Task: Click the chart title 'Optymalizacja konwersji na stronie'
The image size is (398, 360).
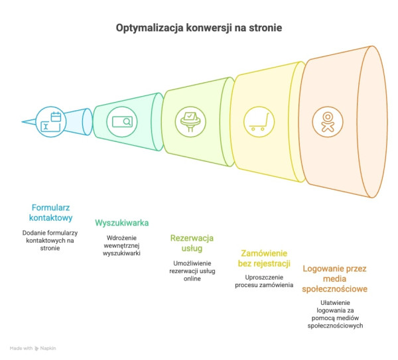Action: [199, 29]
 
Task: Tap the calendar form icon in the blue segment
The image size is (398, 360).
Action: [52, 121]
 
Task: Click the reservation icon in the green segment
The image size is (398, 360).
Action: [190, 121]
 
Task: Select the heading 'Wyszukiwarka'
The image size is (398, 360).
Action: [121, 222]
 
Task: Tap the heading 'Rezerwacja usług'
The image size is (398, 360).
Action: [192, 243]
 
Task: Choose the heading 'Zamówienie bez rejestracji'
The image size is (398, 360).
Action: [263, 259]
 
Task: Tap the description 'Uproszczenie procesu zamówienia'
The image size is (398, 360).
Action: [263, 280]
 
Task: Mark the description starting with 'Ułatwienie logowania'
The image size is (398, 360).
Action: [334, 315]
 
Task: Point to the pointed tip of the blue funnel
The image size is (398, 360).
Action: [23, 122]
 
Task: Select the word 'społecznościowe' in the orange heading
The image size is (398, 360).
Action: [334, 289]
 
